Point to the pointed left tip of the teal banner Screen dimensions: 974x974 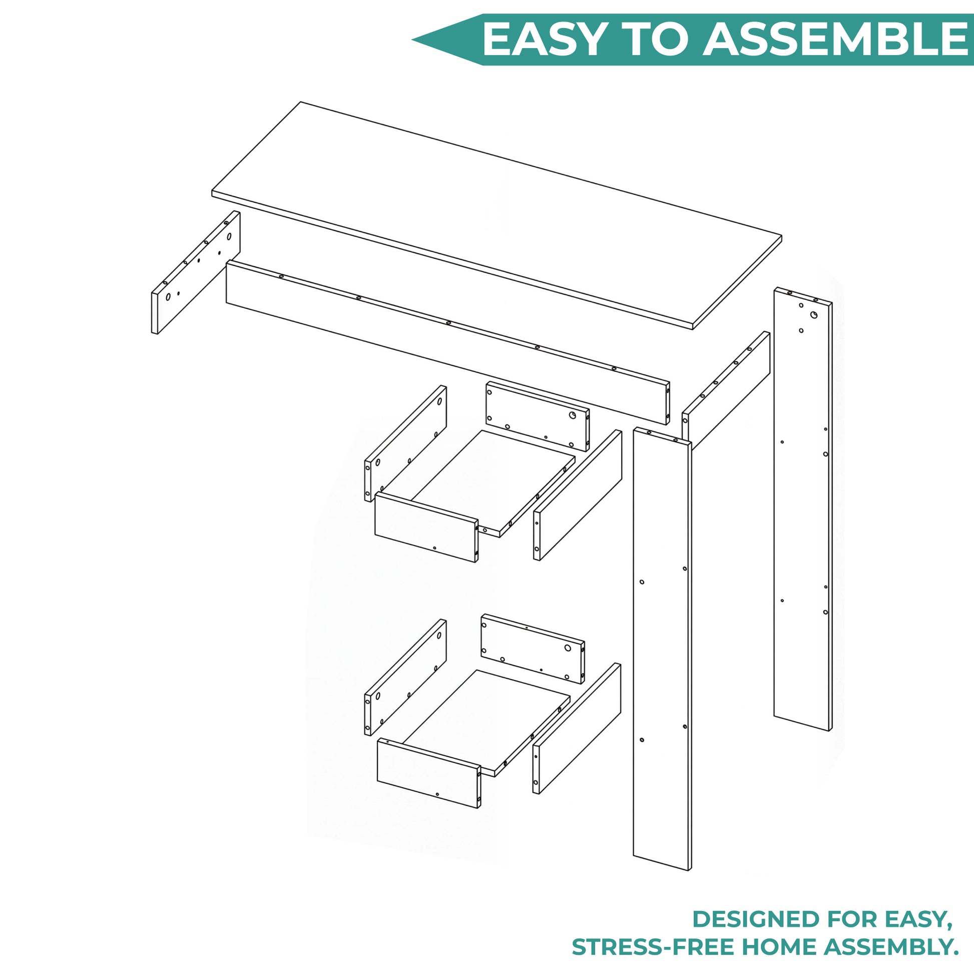(x=412, y=40)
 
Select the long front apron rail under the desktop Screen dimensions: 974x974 (x=447, y=342)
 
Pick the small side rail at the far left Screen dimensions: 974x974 (x=196, y=272)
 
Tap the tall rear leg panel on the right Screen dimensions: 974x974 (x=803, y=509)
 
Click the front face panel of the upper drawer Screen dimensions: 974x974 (x=426, y=528)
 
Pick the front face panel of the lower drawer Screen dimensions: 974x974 (x=429, y=773)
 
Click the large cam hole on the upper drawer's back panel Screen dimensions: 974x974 (x=572, y=415)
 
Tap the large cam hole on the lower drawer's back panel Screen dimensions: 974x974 (x=567, y=648)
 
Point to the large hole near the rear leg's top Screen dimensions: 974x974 (x=814, y=315)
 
